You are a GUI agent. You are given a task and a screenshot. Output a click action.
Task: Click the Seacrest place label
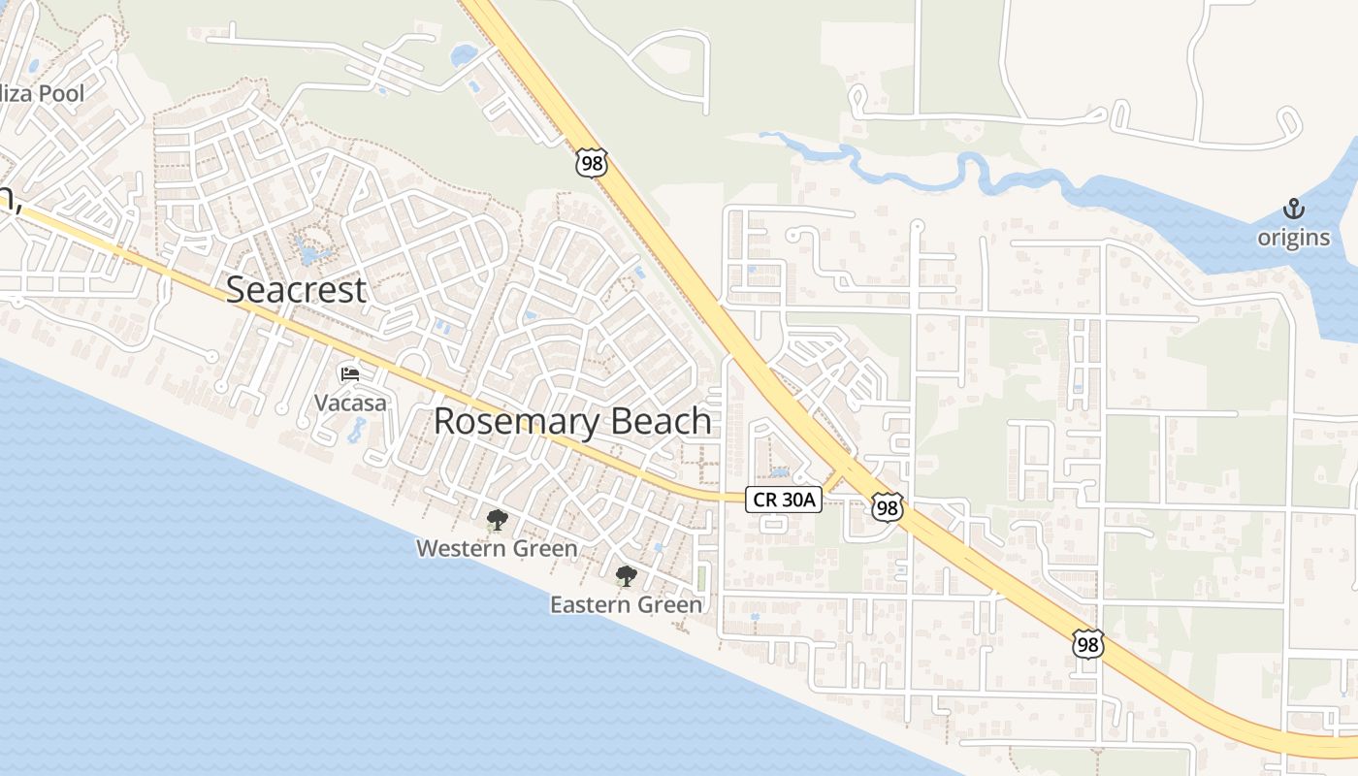[x=296, y=289]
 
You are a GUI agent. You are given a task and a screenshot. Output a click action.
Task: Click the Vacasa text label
[x=350, y=402]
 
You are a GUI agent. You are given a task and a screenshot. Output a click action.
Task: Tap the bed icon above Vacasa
[x=350, y=374]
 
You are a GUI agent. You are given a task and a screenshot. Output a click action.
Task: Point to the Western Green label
[x=497, y=549]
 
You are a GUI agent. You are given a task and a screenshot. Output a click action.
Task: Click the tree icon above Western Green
[x=497, y=520]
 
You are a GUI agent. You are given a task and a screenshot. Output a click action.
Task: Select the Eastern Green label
[x=626, y=605]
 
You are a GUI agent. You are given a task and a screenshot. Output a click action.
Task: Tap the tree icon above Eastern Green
[x=626, y=576]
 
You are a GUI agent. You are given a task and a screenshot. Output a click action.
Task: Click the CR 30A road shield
[x=784, y=500]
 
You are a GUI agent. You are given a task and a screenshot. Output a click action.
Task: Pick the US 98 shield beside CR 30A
[x=887, y=506]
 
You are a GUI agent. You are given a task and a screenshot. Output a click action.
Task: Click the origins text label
[x=1294, y=238]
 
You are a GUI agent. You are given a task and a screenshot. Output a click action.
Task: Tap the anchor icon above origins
[x=1293, y=209]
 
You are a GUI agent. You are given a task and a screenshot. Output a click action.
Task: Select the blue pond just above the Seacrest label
[x=310, y=254]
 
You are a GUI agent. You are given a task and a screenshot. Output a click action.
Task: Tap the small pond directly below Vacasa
[x=356, y=429]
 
